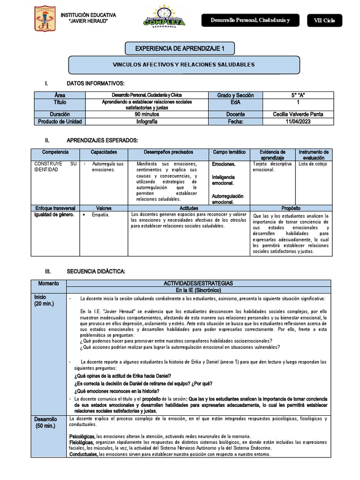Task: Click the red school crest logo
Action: tap(45, 19)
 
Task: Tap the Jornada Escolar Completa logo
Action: tap(164, 18)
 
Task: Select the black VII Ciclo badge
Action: tap(324, 20)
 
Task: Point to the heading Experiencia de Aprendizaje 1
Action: tap(180, 48)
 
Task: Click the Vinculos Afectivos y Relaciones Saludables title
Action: tap(184, 65)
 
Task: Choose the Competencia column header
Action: tap(55, 152)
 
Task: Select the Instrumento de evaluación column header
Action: tap(314, 155)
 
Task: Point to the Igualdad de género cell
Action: tap(53, 214)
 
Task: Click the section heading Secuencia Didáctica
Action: tap(96, 271)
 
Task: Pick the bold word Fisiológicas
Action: tap(82, 442)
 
